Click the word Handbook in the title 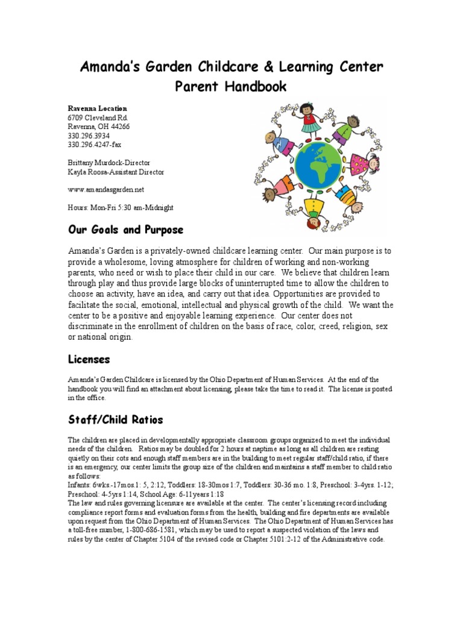[x=253, y=87]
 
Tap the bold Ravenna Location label [x=97, y=108]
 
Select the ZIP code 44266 [x=118, y=127]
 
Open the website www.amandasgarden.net [x=106, y=189]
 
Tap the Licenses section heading [x=89, y=359]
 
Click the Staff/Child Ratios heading [x=115, y=419]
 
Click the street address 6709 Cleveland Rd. [x=98, y=118]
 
